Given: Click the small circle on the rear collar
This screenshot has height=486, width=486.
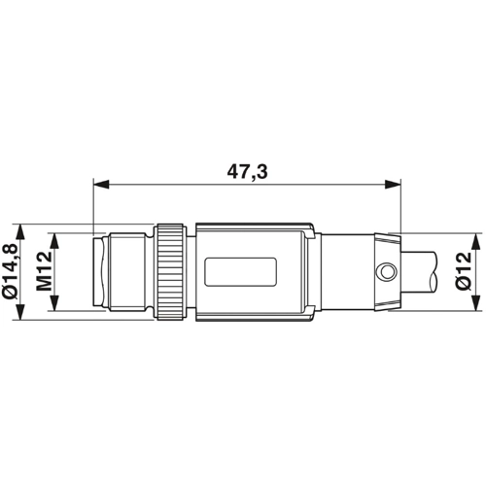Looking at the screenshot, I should coord(387,268).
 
